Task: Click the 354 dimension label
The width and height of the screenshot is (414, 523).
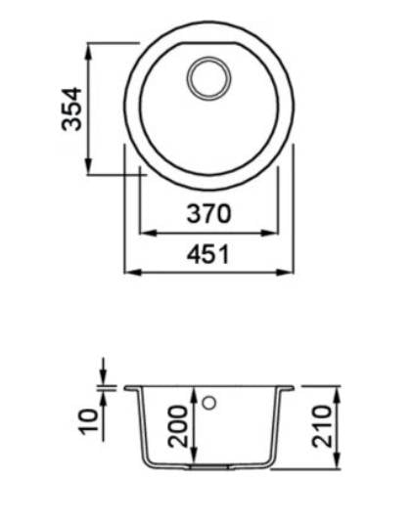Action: point(71,109)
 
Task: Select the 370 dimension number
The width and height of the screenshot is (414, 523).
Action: point(208,213)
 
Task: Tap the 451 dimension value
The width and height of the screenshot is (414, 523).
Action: point(208,254)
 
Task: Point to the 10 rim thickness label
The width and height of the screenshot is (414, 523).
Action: point(89,421)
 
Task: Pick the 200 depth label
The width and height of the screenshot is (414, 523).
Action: point(177,426)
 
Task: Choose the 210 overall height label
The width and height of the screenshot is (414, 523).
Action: point(322,426)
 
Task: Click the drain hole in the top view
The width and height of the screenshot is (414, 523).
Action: point(209,78)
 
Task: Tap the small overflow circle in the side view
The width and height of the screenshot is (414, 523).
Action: point(209,403)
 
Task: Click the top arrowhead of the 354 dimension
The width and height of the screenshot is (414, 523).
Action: point(88,52)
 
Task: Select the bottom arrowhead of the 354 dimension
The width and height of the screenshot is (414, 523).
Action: point(88,166)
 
